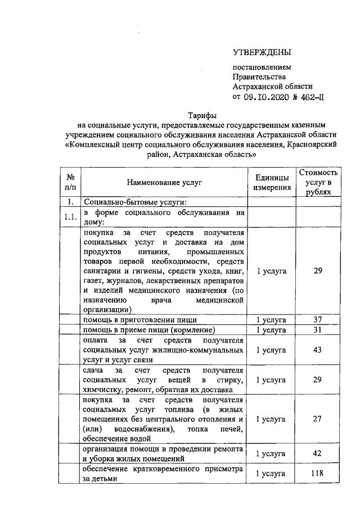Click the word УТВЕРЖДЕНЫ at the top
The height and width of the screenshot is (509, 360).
(x=262, y=53)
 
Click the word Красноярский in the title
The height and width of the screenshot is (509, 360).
(x=313, y=144)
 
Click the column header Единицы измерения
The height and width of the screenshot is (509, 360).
(x=272, y=182)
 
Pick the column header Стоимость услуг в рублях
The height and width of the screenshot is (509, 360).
(x=318, y=182)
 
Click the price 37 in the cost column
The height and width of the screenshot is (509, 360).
(x=318, y=319)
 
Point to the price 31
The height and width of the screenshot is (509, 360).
(x=318, y=330)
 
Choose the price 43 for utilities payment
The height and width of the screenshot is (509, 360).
(x=318, y=350)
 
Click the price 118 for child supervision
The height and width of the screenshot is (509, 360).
(x=318, y=474)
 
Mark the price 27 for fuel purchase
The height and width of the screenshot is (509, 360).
(x=318, y=419)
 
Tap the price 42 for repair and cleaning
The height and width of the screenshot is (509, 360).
(x=318, y=453)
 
